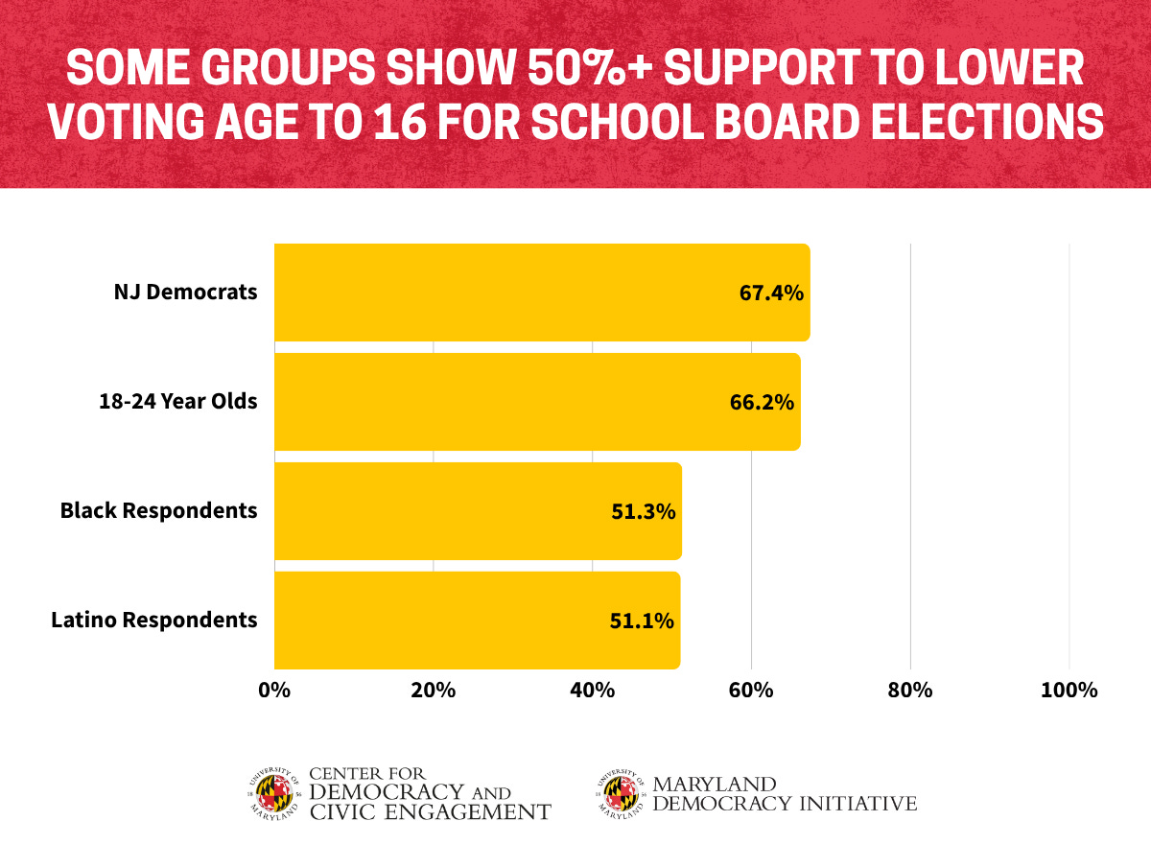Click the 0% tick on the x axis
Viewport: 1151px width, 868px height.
point(274,691)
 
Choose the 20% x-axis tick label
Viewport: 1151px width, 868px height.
point(434,691)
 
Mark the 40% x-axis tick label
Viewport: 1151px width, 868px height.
point(593,691)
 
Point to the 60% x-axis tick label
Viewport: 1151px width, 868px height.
point(751,691)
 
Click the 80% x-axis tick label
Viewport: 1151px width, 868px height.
point(910,691)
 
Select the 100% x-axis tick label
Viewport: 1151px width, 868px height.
point(1069,691)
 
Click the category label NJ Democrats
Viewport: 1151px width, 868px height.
point(186,293)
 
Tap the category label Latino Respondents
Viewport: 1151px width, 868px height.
point(154,621)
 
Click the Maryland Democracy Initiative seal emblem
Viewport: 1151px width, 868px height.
point(621,792)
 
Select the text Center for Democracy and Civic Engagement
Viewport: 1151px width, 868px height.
point(429,793)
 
